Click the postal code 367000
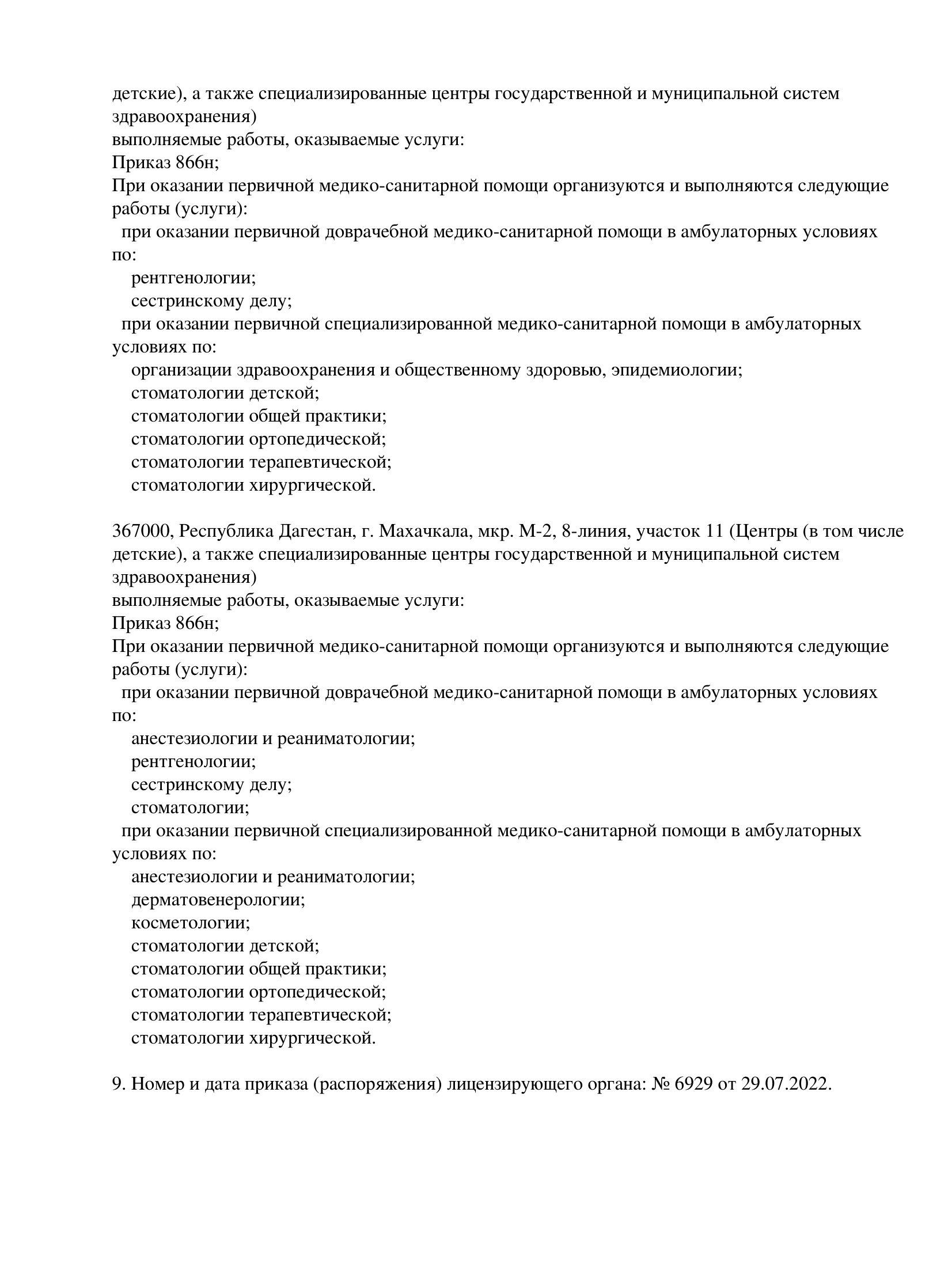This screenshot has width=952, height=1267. tap(142, 531)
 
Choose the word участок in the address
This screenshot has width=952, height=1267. tap(666, 531)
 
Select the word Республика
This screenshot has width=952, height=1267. tap(227, 531)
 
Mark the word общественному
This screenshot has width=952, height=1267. tap(458, 370)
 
